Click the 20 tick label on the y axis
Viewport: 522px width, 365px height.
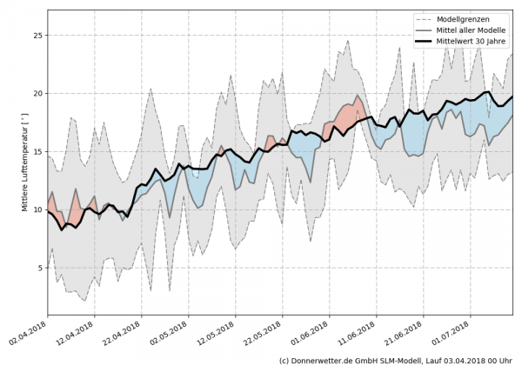pos(37,94)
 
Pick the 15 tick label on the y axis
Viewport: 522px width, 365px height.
pos(37,152)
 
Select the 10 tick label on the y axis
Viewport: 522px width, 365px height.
pos(37,209)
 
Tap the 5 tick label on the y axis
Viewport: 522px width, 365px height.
pos(39,268)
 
